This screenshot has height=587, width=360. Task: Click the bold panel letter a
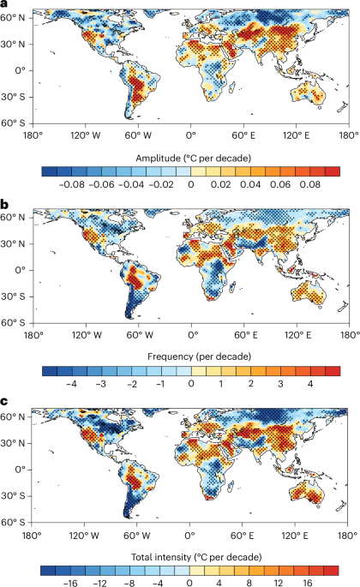click(5, 5)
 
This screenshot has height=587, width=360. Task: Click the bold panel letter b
click(5, 205)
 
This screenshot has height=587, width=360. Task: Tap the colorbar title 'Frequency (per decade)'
click(191, 350)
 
